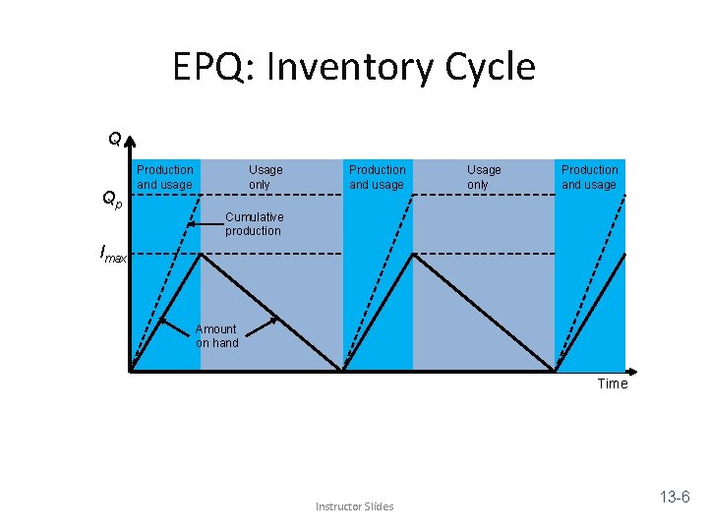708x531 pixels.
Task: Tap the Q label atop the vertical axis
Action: [115, 139]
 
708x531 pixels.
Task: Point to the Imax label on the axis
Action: [113, 255]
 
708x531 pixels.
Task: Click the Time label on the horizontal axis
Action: [612, 383]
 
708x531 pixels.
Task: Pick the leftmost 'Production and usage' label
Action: [165, 177]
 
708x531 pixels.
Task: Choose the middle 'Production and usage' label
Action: [377, 177]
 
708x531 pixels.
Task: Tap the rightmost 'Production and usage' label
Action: [589, 177]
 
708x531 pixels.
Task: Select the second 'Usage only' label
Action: [483, 177]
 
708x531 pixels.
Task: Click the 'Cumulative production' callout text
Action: [254, 223]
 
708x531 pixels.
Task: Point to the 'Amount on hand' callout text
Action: [216, 335]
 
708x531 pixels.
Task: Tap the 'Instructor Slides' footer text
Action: [354, 506]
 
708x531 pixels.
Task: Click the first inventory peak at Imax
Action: [201, 255]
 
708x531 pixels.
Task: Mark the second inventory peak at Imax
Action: [413, 255]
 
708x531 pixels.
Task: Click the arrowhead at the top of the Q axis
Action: [130, 140]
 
